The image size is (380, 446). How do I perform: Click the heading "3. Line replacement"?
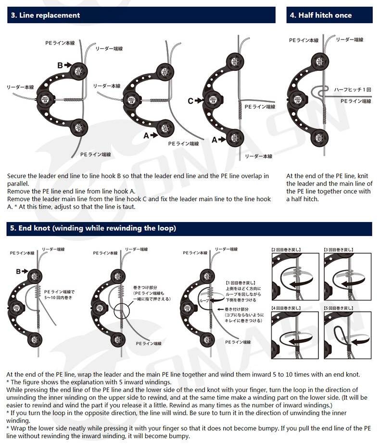click(x=45, y=15)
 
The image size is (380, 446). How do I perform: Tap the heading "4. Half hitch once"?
click(x=320, y=15)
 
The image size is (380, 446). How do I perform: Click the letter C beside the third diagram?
click(x=190, y=101)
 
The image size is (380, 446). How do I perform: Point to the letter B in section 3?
click(x=60, y=65)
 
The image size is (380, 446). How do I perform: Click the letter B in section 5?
click(x=19, y=272)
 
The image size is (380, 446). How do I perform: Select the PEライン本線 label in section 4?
click(x=304, y=40)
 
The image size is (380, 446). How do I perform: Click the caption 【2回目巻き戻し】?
click(x=287, y=250)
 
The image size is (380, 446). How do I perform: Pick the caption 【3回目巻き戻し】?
click(x=339, y=250)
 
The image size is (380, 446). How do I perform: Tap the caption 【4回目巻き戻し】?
click(x=287, y=307)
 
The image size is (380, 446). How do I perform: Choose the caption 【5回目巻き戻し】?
click(x=339, y=307)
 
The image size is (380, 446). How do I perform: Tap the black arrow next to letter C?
click(x=200, y=101)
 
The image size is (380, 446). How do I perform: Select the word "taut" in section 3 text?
click(x=124, y=206)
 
